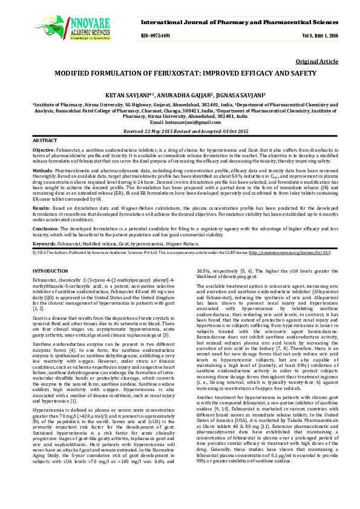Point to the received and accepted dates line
pyautogui.click(x=179, y=131)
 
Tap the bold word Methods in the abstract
pyautogui.click(x=42, y=171)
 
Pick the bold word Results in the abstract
pyautogui.click(x=41, y=206)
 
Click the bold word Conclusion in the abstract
pyautogui.click(x=45, y=229)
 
